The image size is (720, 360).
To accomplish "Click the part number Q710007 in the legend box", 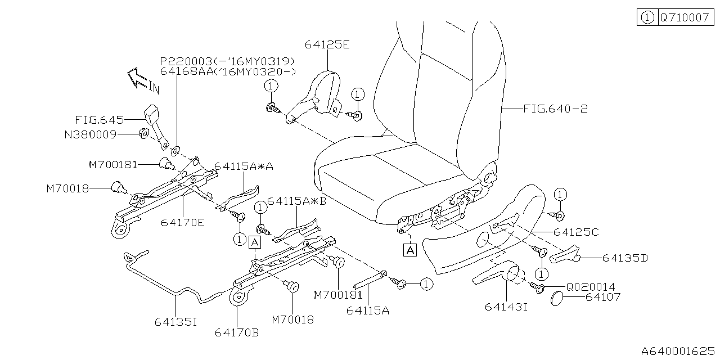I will coord(685,17).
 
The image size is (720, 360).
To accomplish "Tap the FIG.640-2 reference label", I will coord(555,109).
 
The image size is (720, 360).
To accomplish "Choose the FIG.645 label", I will coord(99,120).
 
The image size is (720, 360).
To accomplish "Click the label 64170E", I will coord(183,222).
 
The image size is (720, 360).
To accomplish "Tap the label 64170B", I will coord(236,332).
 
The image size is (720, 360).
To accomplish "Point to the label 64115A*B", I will coord(296,201).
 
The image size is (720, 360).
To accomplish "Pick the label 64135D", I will coord(625,258).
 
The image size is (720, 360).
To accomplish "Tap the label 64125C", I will coord(575,232).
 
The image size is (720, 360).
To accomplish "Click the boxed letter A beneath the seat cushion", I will coord(410,250).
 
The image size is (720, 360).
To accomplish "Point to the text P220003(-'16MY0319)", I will coord(227,61).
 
